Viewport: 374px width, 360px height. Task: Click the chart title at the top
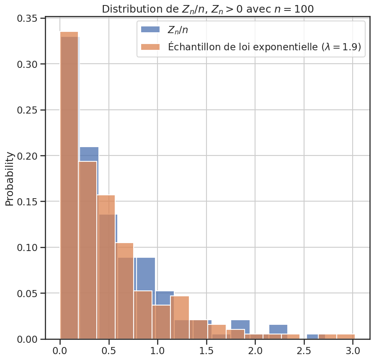(208, 9)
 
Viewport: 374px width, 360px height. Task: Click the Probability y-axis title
(10, 179)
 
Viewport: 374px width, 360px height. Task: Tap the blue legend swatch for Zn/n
(150, 29)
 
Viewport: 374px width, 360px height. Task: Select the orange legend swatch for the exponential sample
(150, 47)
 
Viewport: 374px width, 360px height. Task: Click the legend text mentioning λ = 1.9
(264, 47)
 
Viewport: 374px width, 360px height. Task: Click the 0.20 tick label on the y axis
(29, 156)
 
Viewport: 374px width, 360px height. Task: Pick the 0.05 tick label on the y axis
(29, 293)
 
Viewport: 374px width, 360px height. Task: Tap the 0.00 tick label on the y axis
(29, 339)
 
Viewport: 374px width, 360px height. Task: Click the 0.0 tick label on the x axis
(60, 350)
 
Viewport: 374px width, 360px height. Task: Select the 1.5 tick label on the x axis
(206, 350)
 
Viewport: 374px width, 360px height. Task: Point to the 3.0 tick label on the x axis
(353, 350)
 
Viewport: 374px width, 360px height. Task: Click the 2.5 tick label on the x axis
(304, 350)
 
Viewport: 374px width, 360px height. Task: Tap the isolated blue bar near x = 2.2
(278, 329)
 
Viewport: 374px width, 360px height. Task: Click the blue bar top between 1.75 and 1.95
(240, 324)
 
